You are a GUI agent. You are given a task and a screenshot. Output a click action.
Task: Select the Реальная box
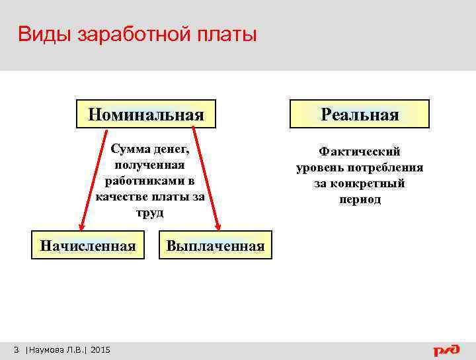tap(360, 114)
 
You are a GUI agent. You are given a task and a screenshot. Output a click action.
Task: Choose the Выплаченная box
tap(216, 246)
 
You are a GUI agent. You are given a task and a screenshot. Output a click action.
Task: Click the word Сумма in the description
tap(130, 150)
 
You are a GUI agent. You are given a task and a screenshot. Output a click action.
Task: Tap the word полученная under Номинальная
tap(149, 165)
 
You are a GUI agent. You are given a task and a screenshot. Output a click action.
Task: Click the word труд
tap(149, 213)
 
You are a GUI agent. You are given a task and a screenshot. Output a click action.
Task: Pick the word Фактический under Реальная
tap(360, 152)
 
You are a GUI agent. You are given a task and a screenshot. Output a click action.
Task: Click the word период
tap(360, 199)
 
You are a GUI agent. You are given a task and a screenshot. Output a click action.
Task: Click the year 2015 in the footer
tap(100, 349)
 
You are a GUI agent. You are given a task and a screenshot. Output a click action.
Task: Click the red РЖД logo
tap(446, 349)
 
